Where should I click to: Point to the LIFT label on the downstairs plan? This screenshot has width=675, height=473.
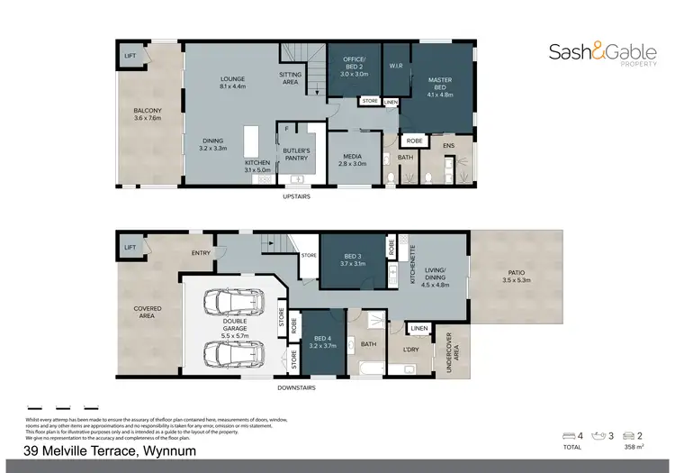(x=130, y=247)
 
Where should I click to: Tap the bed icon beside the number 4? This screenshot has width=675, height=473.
(x=568, y=436)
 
